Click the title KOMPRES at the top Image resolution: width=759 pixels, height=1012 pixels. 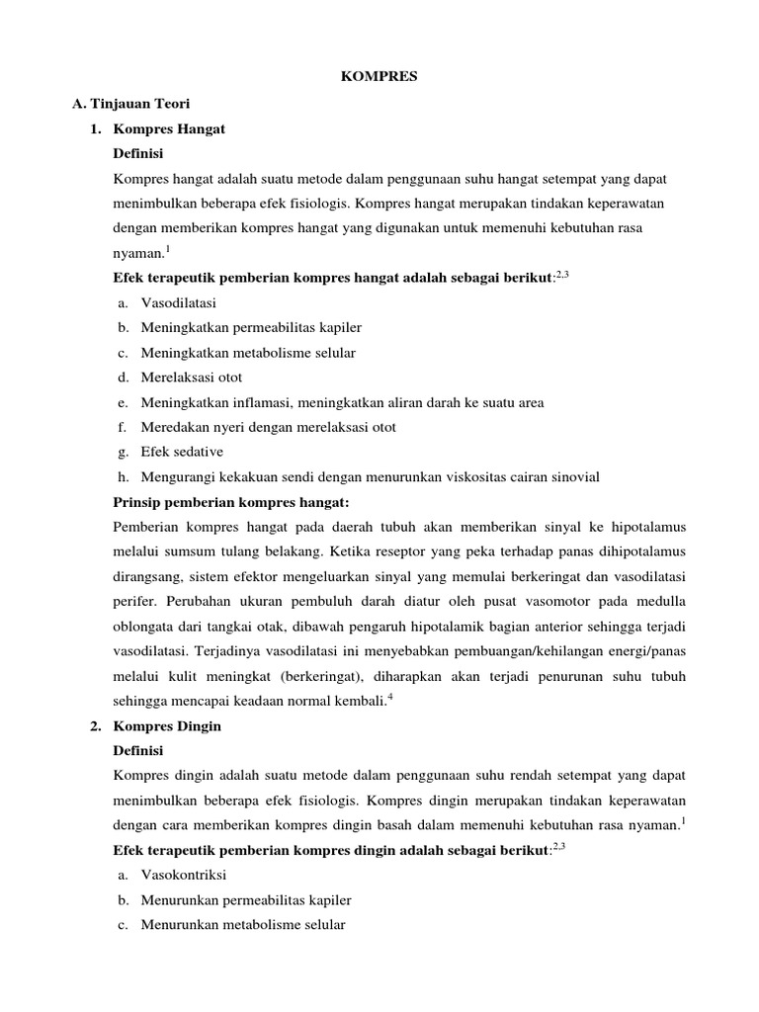(x=379, y=76)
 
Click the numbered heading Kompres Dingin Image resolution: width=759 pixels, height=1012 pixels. (x=168, y=725)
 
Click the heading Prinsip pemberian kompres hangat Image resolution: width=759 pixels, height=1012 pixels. (x=232, y=502)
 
